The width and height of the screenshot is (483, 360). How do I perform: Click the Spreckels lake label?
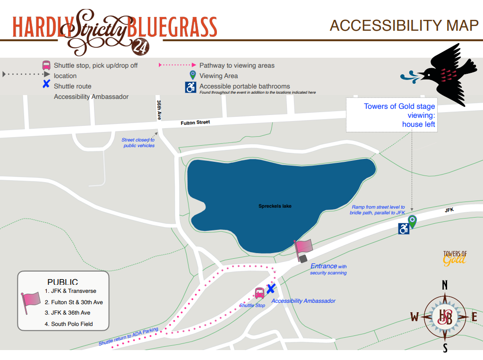click(275, 206)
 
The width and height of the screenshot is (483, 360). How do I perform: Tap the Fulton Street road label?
click(195, 123)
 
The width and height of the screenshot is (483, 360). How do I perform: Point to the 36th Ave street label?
click(159, 110)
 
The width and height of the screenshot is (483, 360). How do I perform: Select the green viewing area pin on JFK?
click(413, 221)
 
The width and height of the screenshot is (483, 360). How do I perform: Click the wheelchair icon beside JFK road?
click(404, 229)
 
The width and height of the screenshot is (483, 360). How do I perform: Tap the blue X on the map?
click(271, 289)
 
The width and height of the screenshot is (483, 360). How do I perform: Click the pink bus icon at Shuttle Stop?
click(259, 293)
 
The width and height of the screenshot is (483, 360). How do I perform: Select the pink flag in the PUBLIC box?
click(31, 301)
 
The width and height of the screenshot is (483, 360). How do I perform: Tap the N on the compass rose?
click(444, 285)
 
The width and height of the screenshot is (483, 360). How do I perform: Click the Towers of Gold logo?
click(455, 257)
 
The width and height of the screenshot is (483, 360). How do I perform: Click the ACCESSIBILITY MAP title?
click(404, 26)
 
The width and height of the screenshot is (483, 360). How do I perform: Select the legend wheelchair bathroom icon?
click(190, 87)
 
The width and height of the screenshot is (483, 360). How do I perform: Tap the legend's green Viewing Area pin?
click(192, 75)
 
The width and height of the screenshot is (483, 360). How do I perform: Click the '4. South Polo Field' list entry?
click(69, 324)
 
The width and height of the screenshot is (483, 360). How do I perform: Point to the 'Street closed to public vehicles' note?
click(138, 142)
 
